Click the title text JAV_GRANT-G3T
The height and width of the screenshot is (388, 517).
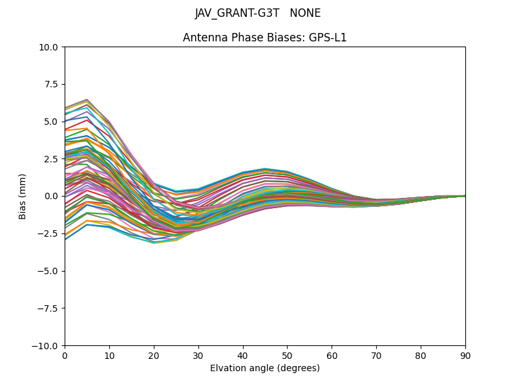coord(237,14)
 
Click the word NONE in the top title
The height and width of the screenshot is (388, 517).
coord(305,14)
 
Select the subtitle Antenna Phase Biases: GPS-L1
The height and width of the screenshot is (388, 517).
coord(264,38)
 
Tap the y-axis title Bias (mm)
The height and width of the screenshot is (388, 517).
coord(23,196)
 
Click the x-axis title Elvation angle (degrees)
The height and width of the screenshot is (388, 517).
coord(264,369)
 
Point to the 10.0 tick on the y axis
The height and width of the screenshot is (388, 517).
coord(50,47)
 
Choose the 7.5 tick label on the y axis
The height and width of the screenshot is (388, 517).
coord(52,84)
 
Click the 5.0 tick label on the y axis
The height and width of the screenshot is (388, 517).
coord(52,122)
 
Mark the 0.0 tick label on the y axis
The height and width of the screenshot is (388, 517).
coord(52,196)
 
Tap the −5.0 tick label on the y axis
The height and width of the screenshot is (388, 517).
coord(50,271)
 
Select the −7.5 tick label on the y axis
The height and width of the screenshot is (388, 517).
coord(50,308)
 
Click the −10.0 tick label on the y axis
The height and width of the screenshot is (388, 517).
coord(47,346)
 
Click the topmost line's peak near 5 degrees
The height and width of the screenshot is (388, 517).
coord(87,100)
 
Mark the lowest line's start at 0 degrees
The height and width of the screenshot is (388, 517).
coord(65,239)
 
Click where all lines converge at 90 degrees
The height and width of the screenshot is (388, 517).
coord(465,196)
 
